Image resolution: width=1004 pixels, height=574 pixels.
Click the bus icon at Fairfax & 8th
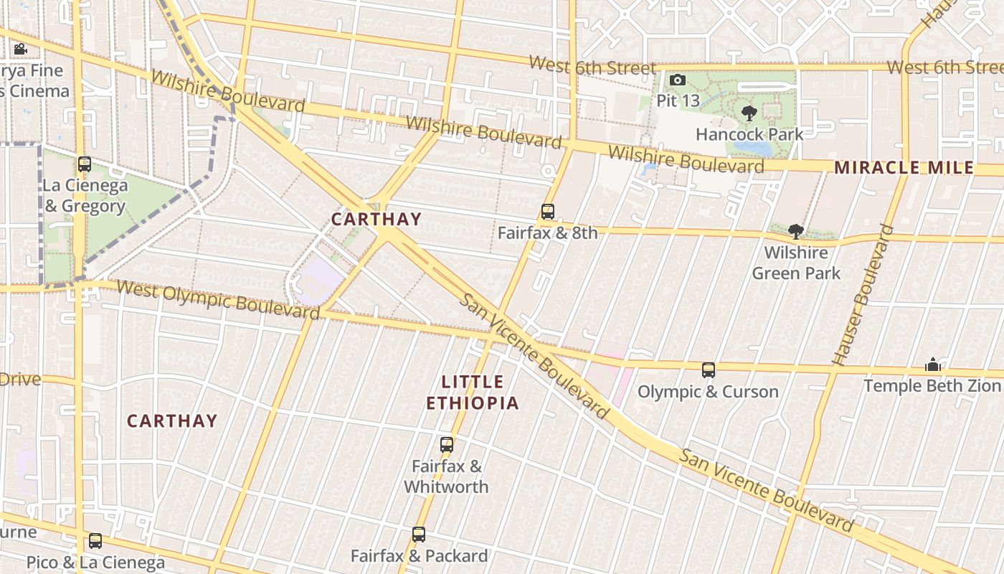click(548, 212)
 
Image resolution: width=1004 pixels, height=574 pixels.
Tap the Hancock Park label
click(749, 134)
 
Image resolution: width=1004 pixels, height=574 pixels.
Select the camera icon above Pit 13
click(678, 80)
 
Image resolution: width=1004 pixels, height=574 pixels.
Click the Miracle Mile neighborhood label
click(904, 168)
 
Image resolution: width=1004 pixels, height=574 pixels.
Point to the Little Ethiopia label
click(473, 392)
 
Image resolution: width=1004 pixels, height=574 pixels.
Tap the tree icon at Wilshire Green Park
click(795, 231)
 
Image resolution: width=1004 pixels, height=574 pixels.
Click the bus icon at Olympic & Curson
click(709, 370)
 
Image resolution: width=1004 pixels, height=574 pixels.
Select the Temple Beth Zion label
click(932, 386)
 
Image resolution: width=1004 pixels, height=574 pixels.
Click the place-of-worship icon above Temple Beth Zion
click(932, 365)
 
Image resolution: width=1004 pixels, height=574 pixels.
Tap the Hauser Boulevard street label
click(863, 295)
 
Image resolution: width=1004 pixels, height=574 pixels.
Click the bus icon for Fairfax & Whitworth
click(447, 445)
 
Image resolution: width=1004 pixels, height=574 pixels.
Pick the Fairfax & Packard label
click(419, 556)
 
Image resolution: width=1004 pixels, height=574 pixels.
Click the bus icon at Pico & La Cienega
click(95, 541)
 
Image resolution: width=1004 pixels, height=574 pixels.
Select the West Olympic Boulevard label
click(217, 299)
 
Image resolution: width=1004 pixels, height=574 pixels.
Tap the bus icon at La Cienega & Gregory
click(85, 164)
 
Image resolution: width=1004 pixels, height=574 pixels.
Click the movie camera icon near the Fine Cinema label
click(20, 50)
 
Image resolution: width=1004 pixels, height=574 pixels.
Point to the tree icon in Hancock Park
click(749, 113)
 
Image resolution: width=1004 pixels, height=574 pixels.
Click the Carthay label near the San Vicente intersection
click(376, 219)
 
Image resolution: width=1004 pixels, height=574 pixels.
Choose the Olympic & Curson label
click(708, 392)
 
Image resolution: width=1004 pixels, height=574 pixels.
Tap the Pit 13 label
click(678, 100)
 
